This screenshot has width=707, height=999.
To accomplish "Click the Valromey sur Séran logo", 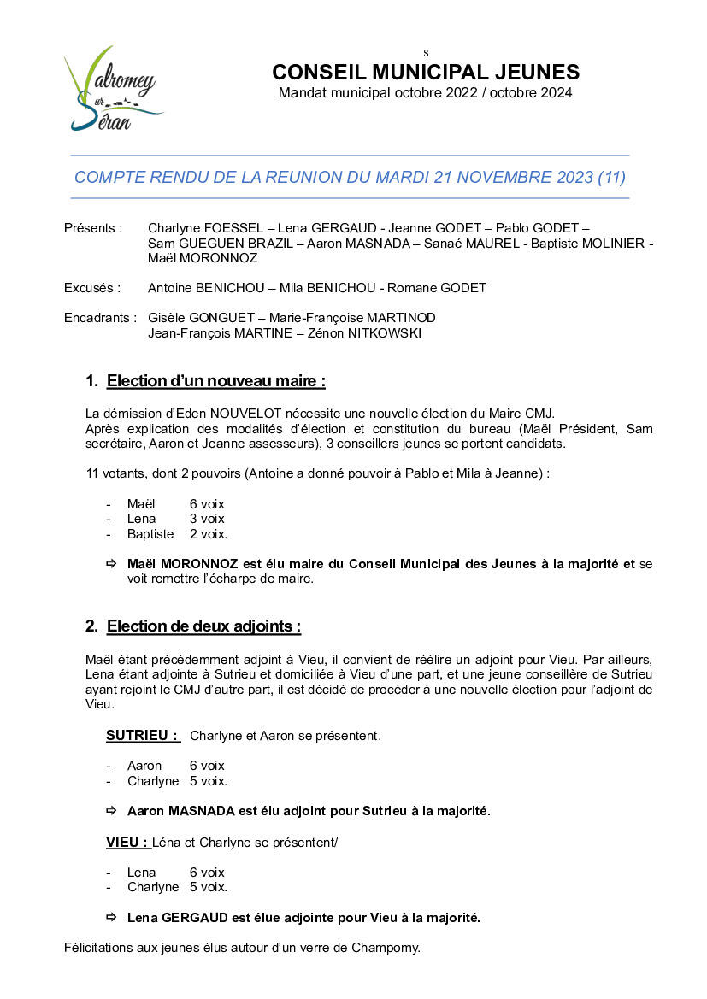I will (x=112, y=89).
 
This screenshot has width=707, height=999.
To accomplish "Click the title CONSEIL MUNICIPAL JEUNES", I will (x=426, y=73).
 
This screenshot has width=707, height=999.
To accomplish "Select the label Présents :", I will (x=93, y=228).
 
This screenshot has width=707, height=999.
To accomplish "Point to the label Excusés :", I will (x=92, y=288).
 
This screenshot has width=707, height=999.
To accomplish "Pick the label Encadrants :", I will (x=100, y=318).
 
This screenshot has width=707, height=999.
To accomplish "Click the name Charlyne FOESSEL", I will (x=205, y=228).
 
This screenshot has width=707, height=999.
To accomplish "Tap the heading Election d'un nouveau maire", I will (x=215, y=380).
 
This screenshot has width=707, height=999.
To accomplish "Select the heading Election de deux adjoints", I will (x=203, y=626).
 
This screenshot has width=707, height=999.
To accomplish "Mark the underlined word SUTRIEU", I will (x=141, y=735).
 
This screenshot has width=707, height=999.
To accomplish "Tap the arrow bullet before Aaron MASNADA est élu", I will (x=110, y=810).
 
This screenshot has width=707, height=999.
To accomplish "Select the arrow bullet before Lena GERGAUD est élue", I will (x=110, y=918).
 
